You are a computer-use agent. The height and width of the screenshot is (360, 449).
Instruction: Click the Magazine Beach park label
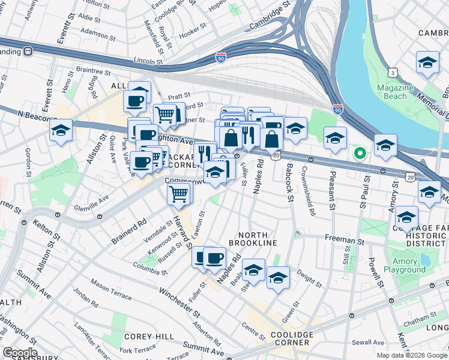(395, 92)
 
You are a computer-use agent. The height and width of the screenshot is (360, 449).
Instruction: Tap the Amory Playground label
(404, 266)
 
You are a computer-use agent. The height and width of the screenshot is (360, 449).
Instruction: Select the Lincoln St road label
(149, 61)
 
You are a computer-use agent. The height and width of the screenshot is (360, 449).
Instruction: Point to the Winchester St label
(179, 302)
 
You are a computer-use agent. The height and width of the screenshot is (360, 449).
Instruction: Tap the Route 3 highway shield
(393, 72)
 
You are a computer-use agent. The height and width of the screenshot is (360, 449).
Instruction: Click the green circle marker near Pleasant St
(360, 154)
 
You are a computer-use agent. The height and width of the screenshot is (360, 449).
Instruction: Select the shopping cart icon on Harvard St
(179, 194)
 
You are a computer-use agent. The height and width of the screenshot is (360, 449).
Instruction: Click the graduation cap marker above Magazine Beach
(427, 62)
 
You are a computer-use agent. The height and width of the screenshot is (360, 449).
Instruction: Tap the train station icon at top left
(28, 51)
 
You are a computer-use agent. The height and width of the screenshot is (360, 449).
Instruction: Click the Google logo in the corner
(20, 353)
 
